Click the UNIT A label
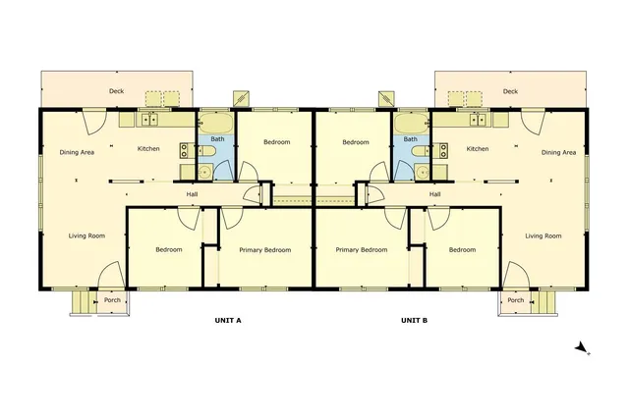pos(228,321)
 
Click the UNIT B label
pos(414,321)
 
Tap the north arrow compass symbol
pos(581,347)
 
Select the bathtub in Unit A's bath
pos(215,125)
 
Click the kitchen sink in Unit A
pos(150,121)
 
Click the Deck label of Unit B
pos(510,92)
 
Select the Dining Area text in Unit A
pos(77,151)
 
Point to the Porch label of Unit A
pos(112,300)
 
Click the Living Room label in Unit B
pos(543,236)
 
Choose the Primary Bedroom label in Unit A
pos(265,250)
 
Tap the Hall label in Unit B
pos(434,194)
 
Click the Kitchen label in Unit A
pos(148,149)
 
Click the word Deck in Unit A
pos(117,92)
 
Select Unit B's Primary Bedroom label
pos(361,250)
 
